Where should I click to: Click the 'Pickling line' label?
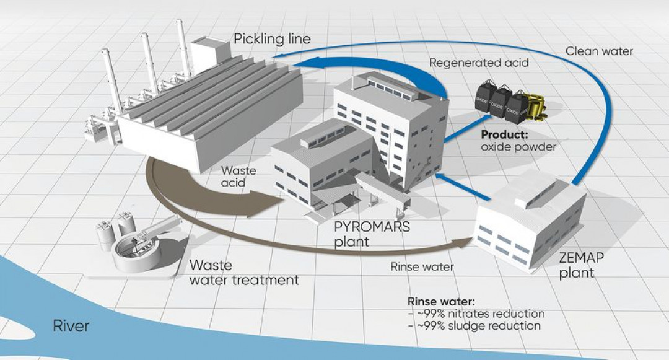click(272, 40)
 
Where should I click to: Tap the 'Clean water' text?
click(599, 51)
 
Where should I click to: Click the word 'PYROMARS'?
click(372, 227)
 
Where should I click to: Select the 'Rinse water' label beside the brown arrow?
click(422, 268)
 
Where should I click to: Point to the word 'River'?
click(71, 325)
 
